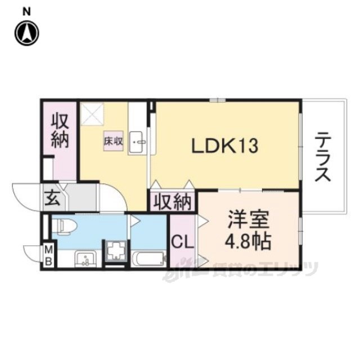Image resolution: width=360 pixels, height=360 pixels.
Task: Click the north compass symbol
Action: point(27,33)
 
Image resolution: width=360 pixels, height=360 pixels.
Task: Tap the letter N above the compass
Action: point(27,12)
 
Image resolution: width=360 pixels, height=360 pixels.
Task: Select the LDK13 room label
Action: point(225,146)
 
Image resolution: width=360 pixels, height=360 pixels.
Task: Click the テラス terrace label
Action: point(323,157)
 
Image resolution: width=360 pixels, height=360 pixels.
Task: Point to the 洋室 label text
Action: point(248,219)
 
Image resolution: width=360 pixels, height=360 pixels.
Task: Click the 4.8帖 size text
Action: point(248,242)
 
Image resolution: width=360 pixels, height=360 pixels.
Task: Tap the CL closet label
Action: point(183,242)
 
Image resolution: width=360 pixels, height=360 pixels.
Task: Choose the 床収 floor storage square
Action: point(114,141)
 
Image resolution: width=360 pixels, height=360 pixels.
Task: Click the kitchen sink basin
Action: point(137,142)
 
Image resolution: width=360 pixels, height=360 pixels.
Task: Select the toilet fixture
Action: point(64,226)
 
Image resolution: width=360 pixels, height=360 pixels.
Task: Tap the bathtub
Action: point(148,259)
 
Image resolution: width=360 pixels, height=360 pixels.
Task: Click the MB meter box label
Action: point(49,255)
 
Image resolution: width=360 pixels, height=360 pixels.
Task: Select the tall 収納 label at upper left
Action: point(60,130)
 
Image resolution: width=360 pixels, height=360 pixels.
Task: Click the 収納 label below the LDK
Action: point(173,202)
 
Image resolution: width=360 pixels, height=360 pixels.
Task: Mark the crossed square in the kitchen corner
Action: point(92,114)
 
